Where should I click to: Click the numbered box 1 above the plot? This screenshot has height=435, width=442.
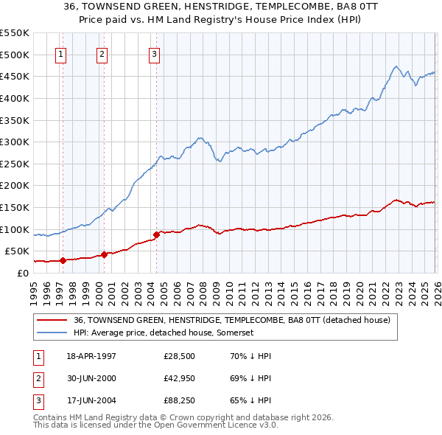pos(60,53)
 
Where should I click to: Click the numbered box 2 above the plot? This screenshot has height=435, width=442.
pos(102,53)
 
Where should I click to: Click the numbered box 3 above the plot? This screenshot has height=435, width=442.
pos(154,53)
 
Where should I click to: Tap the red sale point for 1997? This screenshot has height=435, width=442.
pos(63,260)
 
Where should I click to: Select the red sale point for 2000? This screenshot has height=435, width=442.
pos(105,254)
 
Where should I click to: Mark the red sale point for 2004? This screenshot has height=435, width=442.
pos(156,234)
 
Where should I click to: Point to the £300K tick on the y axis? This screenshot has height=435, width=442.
pos(14,142)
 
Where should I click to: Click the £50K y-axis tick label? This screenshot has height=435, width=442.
pos(16,251)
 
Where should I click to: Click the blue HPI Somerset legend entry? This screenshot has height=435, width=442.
pos(163,333)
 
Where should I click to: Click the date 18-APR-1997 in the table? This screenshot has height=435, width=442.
pos(91,355)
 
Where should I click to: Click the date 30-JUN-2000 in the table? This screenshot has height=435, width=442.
pos(91,377)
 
